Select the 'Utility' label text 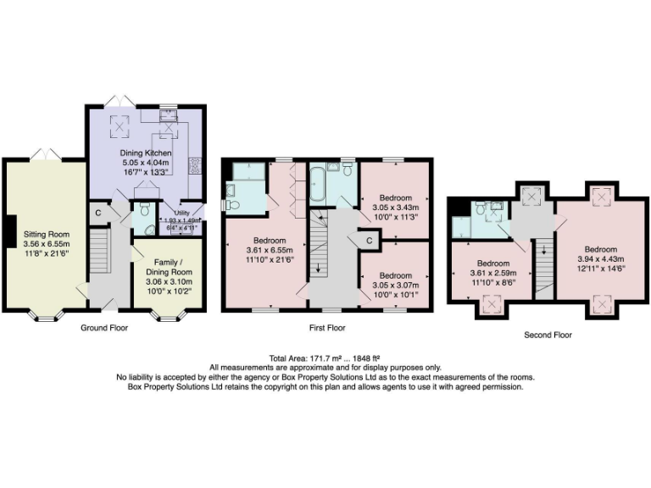point(181,213)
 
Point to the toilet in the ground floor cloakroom point(143,208)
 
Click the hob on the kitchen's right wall point(193,164)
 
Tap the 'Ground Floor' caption point(103,327)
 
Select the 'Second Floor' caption point(548,335)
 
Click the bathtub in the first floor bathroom point(319,186)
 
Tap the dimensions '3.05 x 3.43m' point(395,206)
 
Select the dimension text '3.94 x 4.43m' point(600,259)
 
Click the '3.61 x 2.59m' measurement point(492,274)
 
